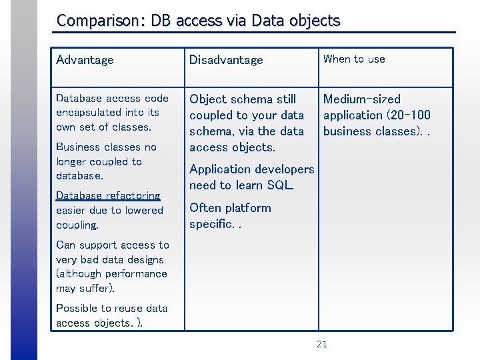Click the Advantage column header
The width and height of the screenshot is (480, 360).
click(85, 60)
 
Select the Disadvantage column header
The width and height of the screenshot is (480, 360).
click(227, 60)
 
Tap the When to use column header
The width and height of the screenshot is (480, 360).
click(354, 59)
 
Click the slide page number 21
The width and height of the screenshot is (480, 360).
click(321, 345)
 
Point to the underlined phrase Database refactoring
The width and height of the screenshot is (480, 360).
click(108, 195)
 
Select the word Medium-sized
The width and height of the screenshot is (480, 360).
click(361, 99)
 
